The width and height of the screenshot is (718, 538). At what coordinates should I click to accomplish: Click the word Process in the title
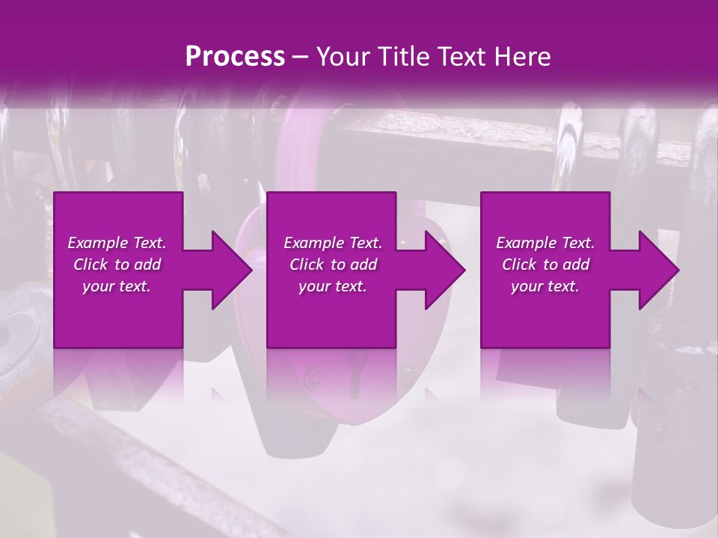coord(235,56)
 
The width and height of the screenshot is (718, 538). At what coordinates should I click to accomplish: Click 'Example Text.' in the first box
coord(117,243)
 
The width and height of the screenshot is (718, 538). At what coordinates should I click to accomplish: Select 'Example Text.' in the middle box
coord(333,243)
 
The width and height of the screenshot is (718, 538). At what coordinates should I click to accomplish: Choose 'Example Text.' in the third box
coord(545,243)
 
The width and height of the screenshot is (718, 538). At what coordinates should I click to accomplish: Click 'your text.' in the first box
coord(117,286)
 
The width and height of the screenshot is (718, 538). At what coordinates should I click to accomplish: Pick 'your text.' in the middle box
coord(333,286)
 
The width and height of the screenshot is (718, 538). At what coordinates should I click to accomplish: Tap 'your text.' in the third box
coord(545,286)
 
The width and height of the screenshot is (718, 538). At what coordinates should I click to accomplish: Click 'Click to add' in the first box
coord(117,265)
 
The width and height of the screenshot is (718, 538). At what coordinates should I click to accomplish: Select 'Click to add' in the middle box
coord(333,265)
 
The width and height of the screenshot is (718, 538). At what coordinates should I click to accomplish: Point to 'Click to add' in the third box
coord(545,265)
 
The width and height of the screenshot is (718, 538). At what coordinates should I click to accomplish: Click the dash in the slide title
coord(301,56)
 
